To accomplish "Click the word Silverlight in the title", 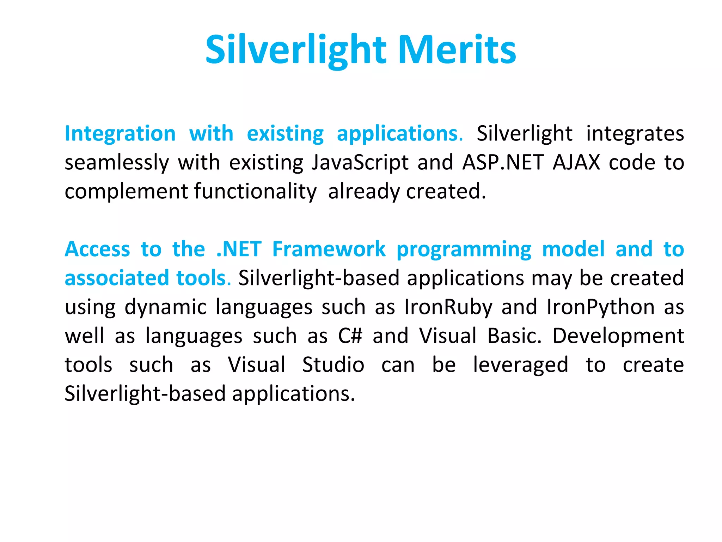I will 296,50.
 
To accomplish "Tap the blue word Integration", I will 120,134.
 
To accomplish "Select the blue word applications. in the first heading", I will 400,134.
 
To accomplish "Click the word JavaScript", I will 360,163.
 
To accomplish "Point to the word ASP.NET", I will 503,163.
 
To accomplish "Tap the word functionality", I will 255,192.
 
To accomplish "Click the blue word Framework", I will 329,249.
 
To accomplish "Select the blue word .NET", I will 239,249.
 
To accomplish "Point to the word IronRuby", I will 448,307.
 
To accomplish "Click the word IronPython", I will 601,307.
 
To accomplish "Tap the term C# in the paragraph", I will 350,336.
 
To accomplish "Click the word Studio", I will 333,365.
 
